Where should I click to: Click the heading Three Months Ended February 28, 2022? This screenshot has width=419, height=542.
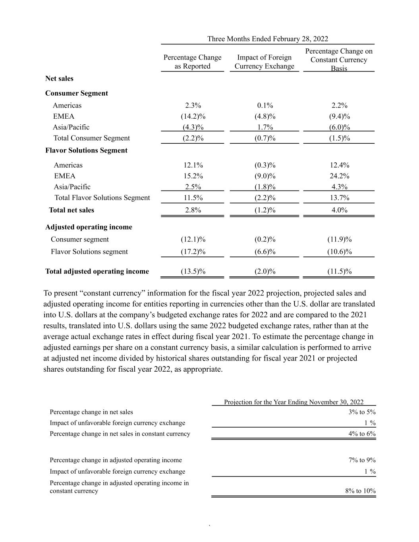268,39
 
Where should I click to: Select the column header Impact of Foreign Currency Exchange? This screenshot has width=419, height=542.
264,62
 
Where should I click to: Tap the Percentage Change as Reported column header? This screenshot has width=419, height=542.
193,62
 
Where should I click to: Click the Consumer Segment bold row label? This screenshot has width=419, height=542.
77,93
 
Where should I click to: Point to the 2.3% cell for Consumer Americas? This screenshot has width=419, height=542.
193,106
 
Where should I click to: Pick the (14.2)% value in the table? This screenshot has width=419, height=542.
193,116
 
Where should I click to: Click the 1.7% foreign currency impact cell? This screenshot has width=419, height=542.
265,127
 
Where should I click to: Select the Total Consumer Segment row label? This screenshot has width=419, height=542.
92,138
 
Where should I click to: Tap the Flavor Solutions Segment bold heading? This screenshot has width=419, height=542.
87,150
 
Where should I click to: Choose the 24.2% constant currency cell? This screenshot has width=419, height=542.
340,176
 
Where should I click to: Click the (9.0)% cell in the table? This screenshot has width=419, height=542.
265,176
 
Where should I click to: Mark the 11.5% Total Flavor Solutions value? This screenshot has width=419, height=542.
193,198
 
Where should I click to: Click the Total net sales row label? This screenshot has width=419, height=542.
71,210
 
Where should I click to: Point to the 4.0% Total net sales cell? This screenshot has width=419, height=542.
340,210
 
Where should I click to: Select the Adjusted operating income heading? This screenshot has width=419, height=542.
89,227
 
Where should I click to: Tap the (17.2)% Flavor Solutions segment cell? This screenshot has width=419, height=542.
193,252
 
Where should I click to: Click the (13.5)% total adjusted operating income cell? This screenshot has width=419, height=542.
193,272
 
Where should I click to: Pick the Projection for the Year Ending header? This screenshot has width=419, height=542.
294,402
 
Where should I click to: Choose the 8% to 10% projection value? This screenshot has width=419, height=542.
360,491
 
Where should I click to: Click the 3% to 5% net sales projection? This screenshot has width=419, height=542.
362,412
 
